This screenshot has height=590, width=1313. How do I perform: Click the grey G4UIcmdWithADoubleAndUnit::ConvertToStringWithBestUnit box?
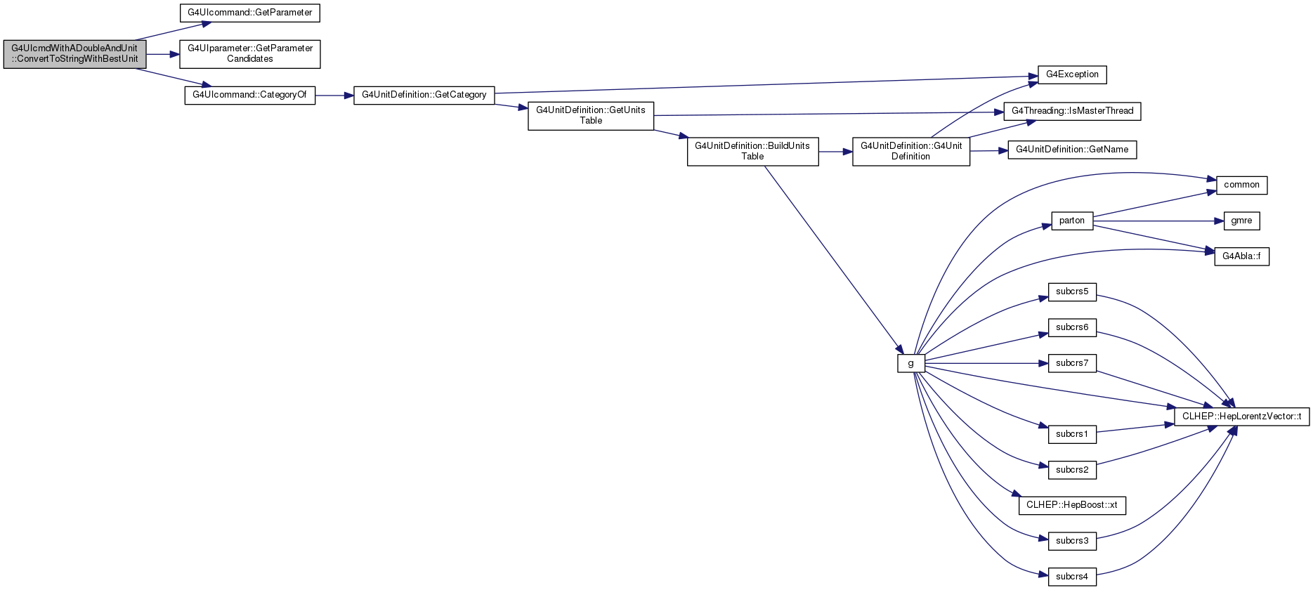75,54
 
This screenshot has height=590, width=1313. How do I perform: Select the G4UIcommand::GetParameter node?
250,13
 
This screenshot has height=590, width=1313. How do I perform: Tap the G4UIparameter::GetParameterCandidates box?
250,54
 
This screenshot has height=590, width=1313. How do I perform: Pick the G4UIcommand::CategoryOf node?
250,95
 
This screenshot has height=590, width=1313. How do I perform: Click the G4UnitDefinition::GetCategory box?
424,95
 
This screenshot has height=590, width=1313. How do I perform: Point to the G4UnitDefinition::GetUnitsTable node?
591,116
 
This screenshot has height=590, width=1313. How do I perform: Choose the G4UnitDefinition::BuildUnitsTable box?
752,152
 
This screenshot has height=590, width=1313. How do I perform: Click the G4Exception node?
1072,74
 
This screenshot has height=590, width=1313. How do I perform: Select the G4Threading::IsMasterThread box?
1072,111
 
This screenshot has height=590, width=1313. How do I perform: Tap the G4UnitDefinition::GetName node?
1072,150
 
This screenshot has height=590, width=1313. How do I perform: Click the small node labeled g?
911,364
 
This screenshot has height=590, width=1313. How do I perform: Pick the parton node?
1072,221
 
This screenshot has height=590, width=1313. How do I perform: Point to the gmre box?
1241,221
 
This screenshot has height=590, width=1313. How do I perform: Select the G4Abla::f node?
1241,256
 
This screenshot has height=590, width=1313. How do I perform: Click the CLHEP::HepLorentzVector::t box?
1241,417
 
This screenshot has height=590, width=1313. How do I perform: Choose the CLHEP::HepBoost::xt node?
1072,505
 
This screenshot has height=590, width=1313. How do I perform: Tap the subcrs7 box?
1072,363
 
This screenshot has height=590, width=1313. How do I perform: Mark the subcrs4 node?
1072,577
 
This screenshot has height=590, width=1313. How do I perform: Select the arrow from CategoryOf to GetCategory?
334,96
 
